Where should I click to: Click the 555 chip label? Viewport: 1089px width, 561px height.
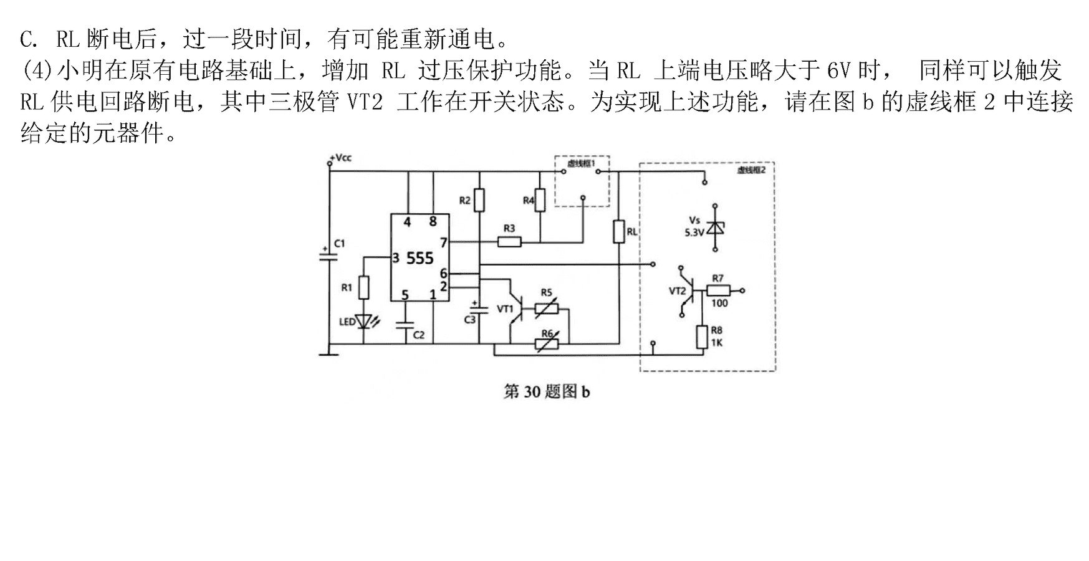click(x=420, y=258)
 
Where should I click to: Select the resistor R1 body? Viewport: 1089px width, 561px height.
click(x=364, y=287)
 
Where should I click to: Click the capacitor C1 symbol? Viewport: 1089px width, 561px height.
click(x=325, y=256)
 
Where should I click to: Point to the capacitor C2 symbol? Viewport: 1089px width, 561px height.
click(x=405, y=325)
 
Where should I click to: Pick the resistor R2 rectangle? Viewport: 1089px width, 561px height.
click(x=479, y=200)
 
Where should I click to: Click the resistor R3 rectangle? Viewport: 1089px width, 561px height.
click(x=509, y=241)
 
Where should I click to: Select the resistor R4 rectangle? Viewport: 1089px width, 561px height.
click(x=540, y=200)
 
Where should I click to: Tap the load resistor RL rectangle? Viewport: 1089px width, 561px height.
click(x=618, y=231)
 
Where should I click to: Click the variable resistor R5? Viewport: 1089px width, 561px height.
click(x=547, y=307)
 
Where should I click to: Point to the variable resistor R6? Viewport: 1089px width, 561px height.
click(x=547, y=343)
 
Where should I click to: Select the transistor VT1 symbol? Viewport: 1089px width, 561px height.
click(x=515, y=307)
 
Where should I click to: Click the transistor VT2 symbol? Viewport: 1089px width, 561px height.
click(x=687, y=290)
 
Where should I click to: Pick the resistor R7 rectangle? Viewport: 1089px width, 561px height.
click(x=718, y=290)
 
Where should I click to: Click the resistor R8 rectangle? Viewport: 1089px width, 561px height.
click(x=702, y=337)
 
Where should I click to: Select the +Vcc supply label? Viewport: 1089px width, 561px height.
click(x=341, y=158)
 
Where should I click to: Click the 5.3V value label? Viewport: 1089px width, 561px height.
click(x=694, y=233)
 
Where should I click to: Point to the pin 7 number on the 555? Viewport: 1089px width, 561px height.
click(x=443, y=242)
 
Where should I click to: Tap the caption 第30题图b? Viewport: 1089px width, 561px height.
click(x=547, y=391)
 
